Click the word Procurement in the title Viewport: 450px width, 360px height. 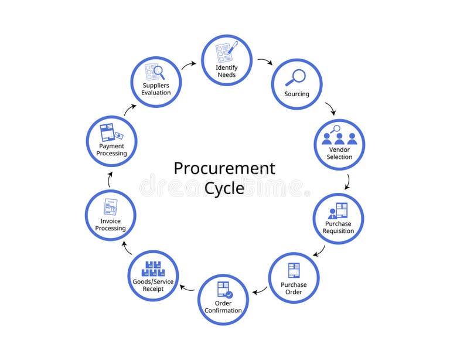click(224, 169)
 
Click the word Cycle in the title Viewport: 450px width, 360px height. click(224, 189)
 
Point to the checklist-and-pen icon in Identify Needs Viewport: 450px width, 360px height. click(226, 52)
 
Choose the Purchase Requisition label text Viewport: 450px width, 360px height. click(338, 227)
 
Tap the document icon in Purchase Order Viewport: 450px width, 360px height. click(294, 270)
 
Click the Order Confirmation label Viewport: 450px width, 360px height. click(223, 307)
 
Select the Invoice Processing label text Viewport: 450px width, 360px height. click(110, 225)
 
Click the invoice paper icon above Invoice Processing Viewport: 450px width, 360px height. click(110, 207)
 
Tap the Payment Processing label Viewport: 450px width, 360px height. click(111, 150)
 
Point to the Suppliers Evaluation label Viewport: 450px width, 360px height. click(156, 89)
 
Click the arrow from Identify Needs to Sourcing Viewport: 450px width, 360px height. click(265, 61)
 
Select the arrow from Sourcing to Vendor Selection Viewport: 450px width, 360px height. click(330, 108)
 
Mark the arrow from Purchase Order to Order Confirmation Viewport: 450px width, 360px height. click(259, 291)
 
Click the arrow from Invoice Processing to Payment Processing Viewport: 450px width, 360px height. click(110, 180)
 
